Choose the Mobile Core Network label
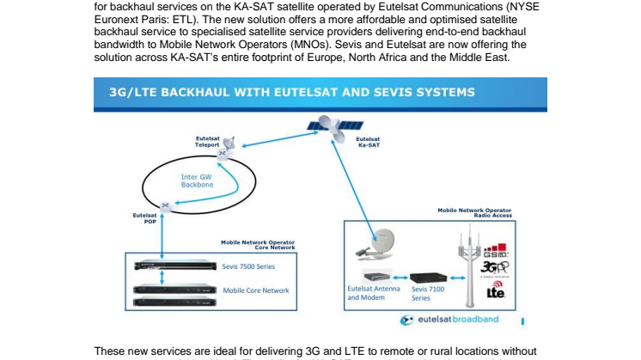257,291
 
